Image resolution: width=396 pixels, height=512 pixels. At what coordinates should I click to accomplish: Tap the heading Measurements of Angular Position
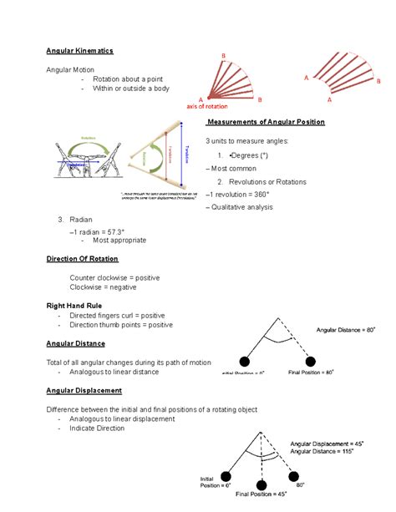[x=266, y=122]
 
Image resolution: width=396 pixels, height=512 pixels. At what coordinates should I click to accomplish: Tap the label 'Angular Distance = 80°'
[x=349, y=331]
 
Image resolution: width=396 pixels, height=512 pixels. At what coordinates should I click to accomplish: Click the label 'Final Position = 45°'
[x=261, y=494]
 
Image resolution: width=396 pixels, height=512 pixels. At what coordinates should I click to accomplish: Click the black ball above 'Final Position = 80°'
[x=312, y=361]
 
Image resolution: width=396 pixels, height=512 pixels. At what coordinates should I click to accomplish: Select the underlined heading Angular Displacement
[x=84, y=390]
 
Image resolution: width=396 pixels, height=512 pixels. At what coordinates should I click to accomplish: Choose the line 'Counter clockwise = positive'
[x=114, y=276]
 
